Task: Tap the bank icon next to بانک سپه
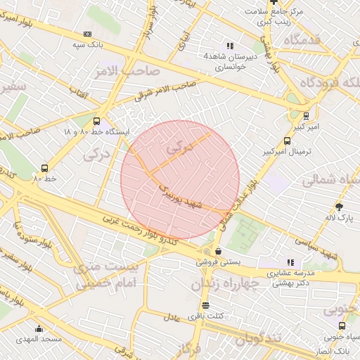(87, 34)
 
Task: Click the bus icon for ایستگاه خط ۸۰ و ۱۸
(97, 121)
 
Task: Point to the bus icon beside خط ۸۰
(45, 168)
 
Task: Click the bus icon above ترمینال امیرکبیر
(285, 141)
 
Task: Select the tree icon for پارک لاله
(340, 207)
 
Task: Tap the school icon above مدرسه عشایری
(291, 262)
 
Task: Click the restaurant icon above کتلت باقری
(205, 305)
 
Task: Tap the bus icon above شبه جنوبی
(342, 326)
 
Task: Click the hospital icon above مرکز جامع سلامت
(273, 2)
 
